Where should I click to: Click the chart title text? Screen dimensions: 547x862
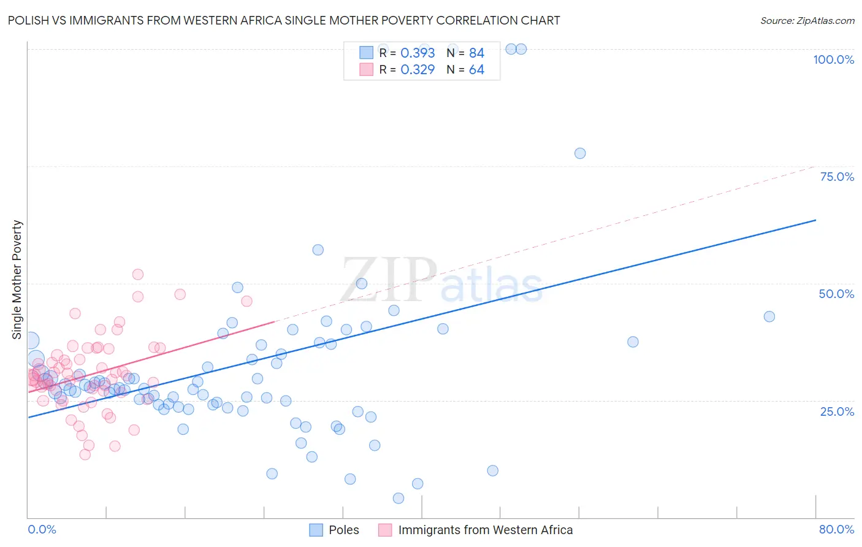(x=284, y=20)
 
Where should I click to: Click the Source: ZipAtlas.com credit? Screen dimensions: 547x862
(x=807, y=20)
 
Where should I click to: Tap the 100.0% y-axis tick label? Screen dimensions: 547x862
(x=833, y=59)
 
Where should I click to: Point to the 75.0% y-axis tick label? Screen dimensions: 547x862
(x=837, y=177)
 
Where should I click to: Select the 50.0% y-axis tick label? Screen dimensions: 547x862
(x=836, y=294)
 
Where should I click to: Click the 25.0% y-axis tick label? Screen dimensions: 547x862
(x=837, y=411)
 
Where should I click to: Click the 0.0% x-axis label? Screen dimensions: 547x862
(x=42, y=529)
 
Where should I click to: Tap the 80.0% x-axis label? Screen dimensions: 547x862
(x=836, y=529)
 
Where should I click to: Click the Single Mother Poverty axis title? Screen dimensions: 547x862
(x=17, y=280)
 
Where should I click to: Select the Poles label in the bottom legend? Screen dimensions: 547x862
(x=343, y=530)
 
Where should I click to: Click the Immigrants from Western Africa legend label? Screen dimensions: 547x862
(x=485, y=530)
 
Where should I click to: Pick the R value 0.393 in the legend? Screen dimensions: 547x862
(x=418, y=53)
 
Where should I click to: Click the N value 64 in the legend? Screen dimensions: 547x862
(x=476, y=70)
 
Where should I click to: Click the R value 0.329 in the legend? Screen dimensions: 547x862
(x=418, y=70)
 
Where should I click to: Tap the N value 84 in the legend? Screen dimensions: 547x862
(x=476, y=53)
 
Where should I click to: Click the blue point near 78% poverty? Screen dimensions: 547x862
(x=580, y=153)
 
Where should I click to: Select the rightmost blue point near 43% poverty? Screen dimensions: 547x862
(x=769, y=316)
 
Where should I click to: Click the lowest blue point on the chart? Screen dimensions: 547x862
(x=399, y=498)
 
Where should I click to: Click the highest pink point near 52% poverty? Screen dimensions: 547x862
(x=138, y=275)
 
